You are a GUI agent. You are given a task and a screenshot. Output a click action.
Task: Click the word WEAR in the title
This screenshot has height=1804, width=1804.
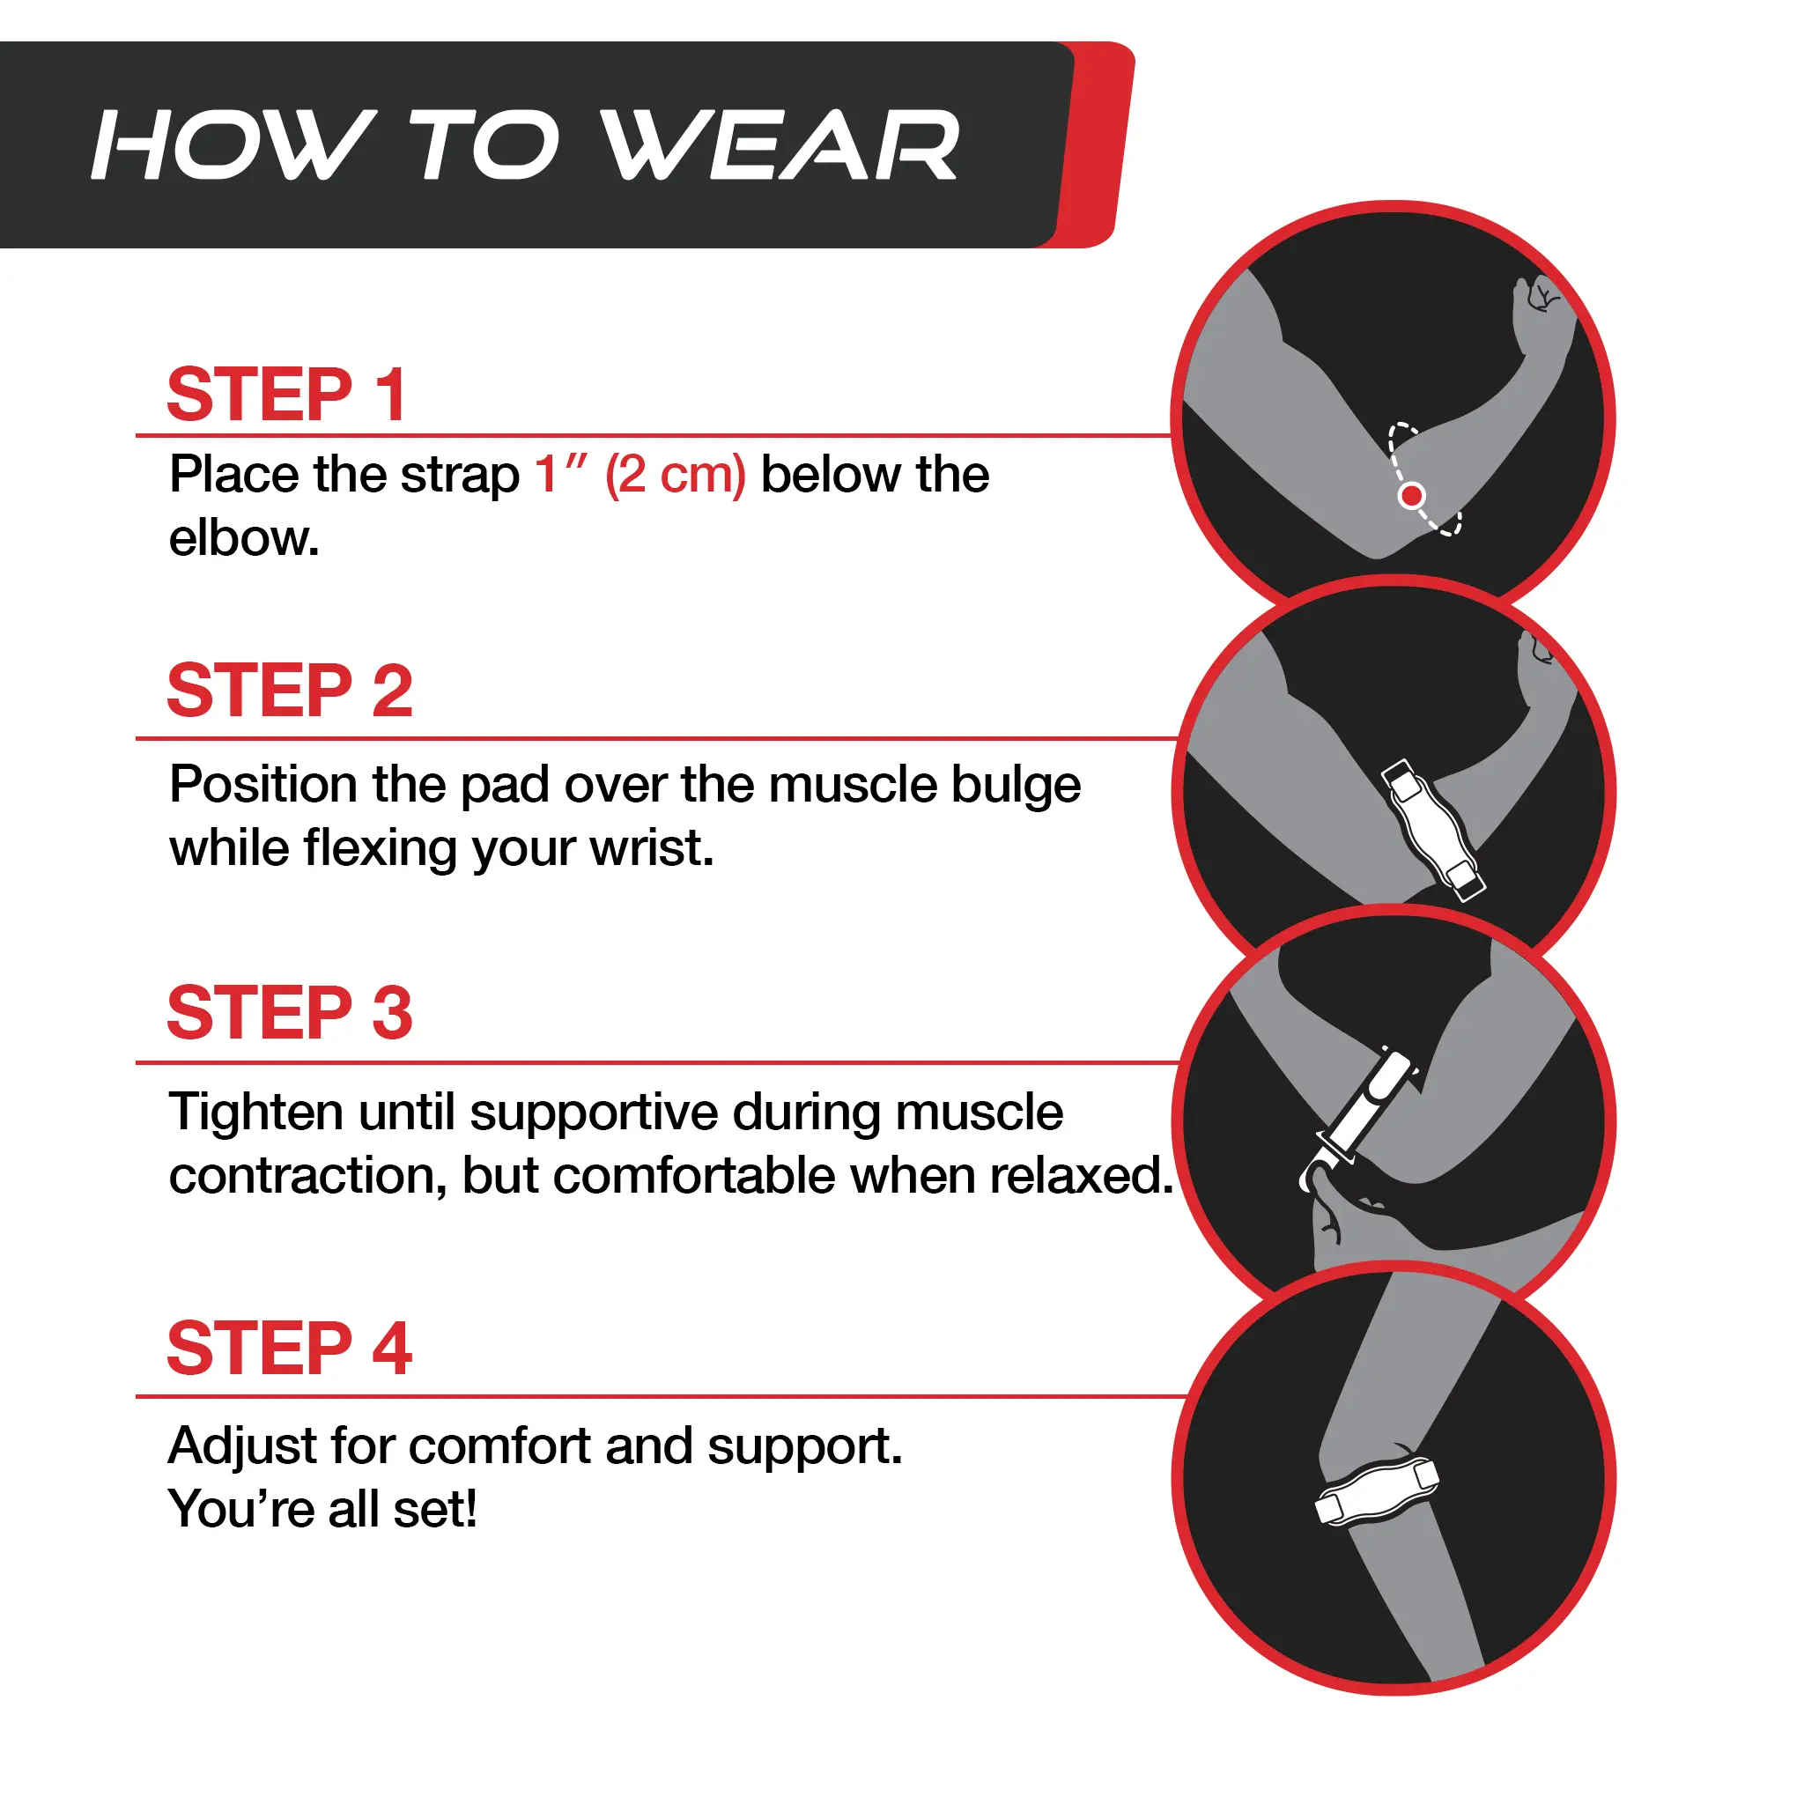click(780, 144)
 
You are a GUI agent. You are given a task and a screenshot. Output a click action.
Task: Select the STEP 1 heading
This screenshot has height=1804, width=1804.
click(287, 394)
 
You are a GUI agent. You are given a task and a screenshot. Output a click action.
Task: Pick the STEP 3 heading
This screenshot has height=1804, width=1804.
click(290, 1013)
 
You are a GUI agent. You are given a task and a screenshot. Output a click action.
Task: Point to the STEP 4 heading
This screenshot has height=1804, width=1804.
click(290, 1349)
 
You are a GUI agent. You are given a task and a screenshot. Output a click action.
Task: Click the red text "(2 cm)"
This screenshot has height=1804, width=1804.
click(675, 476)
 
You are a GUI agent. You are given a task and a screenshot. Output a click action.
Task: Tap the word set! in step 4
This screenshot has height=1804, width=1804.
click(435, 1510)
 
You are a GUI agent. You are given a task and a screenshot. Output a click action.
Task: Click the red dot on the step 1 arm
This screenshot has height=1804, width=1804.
click(1412, 495)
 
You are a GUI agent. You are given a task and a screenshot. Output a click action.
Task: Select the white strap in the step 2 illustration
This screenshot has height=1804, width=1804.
click(1432, 829)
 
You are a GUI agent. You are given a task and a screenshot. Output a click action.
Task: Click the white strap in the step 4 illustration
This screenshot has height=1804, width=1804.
click(1377, 1491)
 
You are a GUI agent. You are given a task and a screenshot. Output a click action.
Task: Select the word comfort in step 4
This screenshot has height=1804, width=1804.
click(501, 1446)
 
